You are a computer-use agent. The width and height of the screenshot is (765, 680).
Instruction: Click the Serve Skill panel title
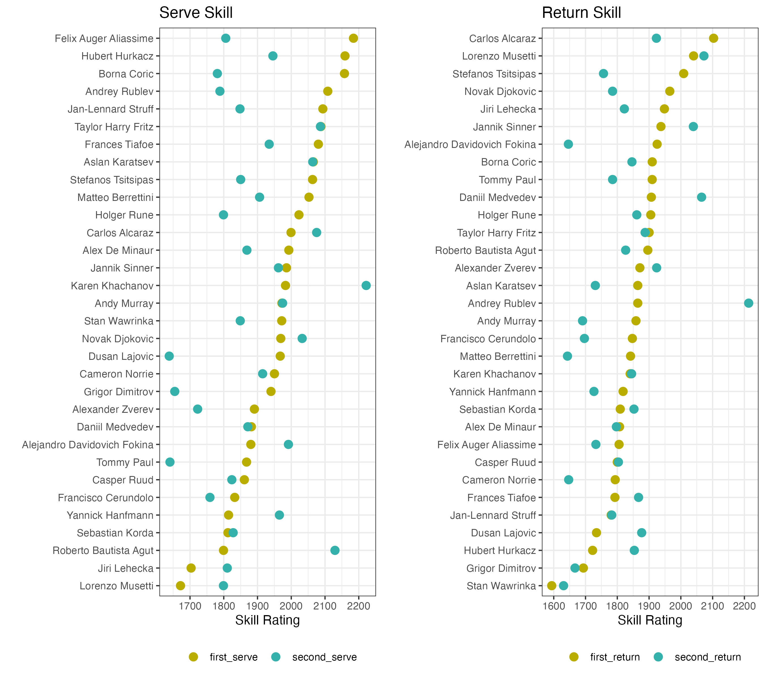tap(196, 13)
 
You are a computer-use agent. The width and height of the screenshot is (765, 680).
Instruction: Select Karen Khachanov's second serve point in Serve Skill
tap(366, 286)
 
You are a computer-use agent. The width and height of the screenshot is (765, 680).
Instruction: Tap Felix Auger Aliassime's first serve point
tap(353, 38)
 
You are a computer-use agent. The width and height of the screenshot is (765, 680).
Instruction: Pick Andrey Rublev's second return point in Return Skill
tap(749, 303)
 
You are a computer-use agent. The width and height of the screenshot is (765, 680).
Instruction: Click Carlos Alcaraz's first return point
tap(713, 38)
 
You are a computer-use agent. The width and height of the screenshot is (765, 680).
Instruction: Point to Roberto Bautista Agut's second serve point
tap(335, 550)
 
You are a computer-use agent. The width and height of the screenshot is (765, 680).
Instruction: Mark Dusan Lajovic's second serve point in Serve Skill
tap(169, 356)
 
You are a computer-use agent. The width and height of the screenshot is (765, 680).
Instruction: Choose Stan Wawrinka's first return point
tap(552, 586)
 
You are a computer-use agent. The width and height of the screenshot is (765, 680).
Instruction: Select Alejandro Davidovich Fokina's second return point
tap(568, 144)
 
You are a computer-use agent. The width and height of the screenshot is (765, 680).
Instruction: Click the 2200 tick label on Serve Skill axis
tap(358, 606)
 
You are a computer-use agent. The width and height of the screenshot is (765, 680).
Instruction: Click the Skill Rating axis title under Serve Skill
tap(267, 620)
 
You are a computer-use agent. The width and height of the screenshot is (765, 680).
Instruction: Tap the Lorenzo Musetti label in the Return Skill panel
tap(499, 56)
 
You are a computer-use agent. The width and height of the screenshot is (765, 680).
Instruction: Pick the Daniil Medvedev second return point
tap(701, 197)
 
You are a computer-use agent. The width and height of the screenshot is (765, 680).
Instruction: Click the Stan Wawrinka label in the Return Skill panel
tap(501, 586)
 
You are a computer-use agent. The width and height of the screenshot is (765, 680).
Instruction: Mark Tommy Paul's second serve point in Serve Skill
tap(170, 462)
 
